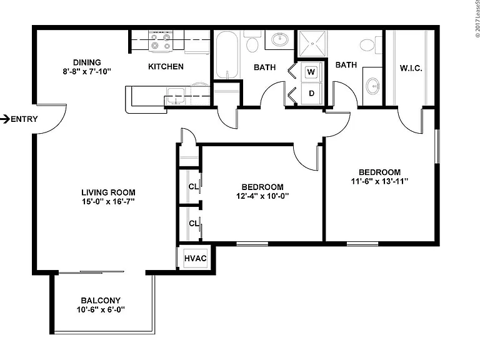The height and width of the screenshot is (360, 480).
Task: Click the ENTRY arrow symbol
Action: coord(5,119)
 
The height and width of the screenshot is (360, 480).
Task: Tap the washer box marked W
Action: coord(311,72)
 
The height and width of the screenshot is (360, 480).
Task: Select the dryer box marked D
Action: coord(311,93)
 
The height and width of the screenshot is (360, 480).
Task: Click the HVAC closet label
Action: coord(195,258)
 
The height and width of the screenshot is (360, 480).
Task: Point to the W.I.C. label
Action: coord(411,68)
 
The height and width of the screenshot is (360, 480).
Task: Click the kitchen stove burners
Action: coord(161,41)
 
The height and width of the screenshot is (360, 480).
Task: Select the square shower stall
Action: coord(312,44)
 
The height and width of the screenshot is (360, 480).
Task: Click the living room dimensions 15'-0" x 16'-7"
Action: coord(108,201)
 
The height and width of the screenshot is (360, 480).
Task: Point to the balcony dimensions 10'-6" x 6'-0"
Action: coord(101,309)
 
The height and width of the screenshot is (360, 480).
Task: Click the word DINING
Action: coord(87,62)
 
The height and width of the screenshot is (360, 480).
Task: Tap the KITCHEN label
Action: coord(166,67)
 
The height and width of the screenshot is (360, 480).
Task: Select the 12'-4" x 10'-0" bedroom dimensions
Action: coord(262,196)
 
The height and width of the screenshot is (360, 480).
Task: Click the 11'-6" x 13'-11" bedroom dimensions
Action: coord(379,181)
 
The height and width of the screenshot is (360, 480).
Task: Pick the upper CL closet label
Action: coord(194,186)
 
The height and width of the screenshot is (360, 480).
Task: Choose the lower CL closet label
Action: coord(194,224)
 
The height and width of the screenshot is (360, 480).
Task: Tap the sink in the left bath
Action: coord(280,39)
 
